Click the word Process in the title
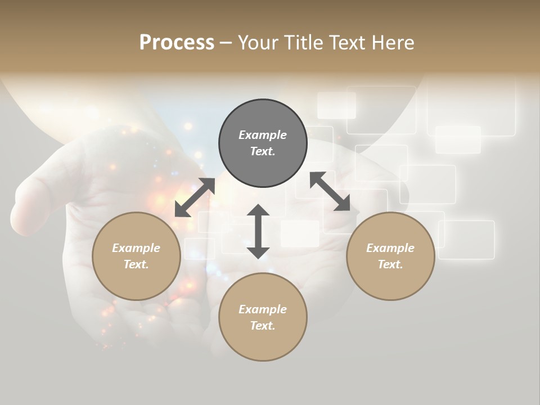(177, 43)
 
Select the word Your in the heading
(258, 43)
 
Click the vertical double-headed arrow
(258, 231)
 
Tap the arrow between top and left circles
(195, 197)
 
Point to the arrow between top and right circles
(330, 191)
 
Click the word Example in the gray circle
(263, 135)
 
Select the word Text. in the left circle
(136, 264)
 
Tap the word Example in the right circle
(390, 248)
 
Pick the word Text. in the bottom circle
(263, 326)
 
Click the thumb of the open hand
(39, 197)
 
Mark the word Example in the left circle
(136, 248)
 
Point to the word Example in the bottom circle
(263, 309)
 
